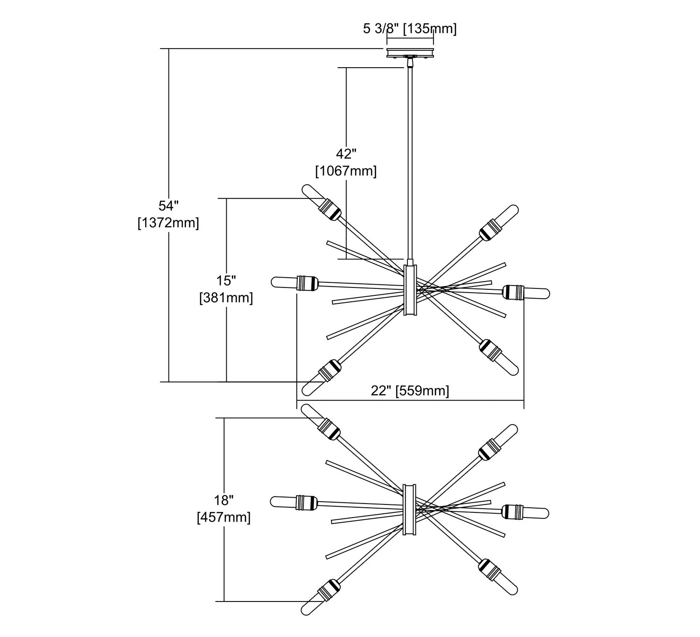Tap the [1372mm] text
168,223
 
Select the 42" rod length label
346,154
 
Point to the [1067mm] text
346,171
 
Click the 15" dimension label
226,280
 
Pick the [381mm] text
226,298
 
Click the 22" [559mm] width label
410,391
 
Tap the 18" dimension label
224,500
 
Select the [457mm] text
224,518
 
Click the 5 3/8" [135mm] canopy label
410,29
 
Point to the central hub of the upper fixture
410,290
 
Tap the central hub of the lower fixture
410,509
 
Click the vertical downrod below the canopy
410,163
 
